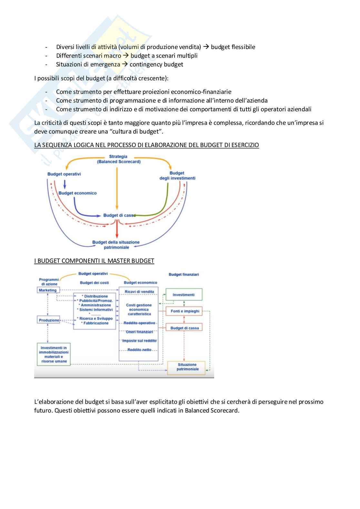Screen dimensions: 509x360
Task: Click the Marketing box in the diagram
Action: coord(48,290)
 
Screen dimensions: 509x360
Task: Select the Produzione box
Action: coord(49,320)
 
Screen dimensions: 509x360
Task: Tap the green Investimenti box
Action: coord(184,295)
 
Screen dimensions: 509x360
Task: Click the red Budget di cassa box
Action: coord(185,328)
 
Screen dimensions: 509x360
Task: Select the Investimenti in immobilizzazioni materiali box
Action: coord(54,354)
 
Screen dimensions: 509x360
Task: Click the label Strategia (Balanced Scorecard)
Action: coord(118,159)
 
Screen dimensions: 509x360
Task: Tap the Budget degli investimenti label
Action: coord(177,175)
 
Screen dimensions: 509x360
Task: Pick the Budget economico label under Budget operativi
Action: coord(77,193)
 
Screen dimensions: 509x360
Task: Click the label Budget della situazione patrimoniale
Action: coord(116,245)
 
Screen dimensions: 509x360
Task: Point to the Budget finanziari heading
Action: coord(184,274)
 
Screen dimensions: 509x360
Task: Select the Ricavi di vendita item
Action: coord(139,292)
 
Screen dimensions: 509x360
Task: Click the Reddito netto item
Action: coord(139,350)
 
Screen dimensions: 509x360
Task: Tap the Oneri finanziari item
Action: coord(139,332)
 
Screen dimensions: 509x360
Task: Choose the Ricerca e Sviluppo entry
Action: coord(96,318)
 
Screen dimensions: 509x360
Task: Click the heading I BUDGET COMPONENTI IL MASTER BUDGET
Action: coord(94,261)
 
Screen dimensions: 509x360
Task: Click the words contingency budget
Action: coord(156,65)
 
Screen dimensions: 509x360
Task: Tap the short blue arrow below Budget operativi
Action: coord(65,185)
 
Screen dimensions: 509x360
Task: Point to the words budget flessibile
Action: coord(233,47)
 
